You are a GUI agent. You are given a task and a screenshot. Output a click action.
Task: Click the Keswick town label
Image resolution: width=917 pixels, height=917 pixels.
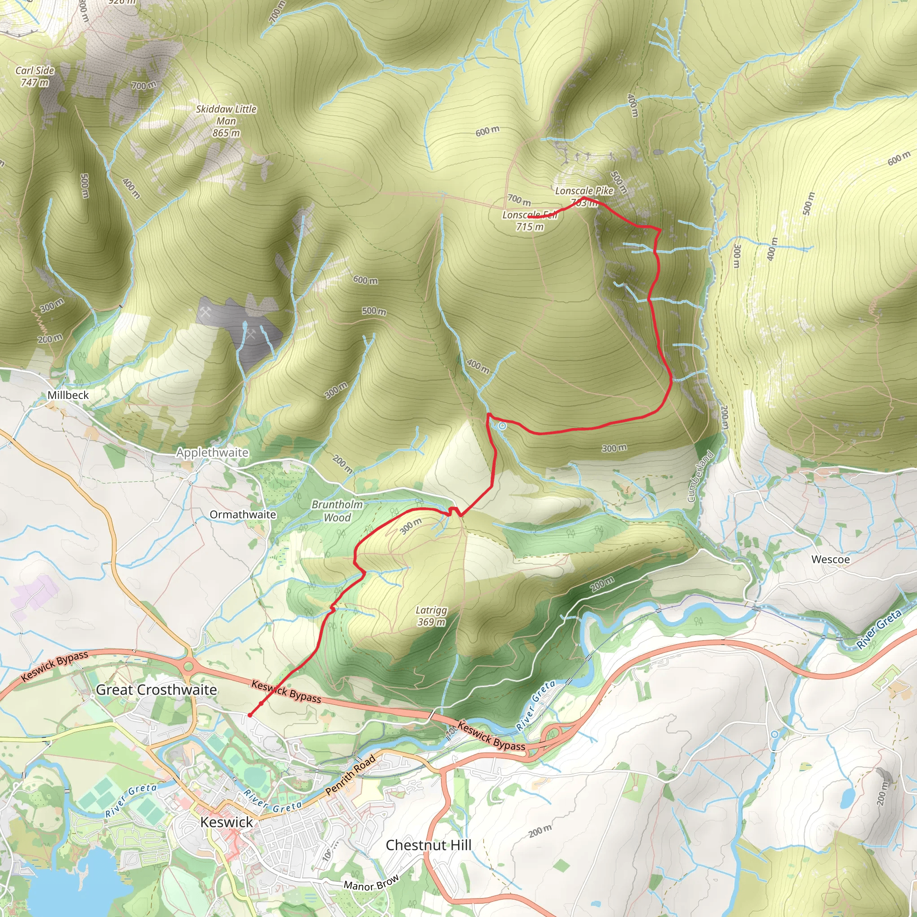click(227, 823)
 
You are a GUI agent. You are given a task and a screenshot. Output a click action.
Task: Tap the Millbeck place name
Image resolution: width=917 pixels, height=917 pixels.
click(68, 395)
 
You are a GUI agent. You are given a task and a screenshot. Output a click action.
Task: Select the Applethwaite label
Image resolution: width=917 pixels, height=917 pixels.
click(212, 452)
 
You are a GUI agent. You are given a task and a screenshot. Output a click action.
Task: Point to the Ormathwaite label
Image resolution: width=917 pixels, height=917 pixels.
click(243, 514)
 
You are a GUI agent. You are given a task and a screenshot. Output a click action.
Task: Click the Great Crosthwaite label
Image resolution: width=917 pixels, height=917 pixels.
click(156, 690)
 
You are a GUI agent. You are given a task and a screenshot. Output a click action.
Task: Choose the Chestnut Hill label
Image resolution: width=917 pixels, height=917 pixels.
click(428, 845)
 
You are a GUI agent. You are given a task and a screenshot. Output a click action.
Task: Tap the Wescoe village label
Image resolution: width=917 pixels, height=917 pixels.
click(831, 559)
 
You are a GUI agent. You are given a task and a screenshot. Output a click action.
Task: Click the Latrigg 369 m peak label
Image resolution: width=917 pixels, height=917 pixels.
click(431, 616)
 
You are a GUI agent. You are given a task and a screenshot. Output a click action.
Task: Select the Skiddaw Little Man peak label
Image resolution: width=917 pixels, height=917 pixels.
click(227, 121)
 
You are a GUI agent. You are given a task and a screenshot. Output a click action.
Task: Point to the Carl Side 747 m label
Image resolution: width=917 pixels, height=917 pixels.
click(34, 77)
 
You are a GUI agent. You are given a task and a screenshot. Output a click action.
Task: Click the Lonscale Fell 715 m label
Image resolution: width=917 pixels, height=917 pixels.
click(530, 221)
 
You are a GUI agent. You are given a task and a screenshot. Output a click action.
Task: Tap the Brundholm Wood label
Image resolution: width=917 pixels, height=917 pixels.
click(337, 511)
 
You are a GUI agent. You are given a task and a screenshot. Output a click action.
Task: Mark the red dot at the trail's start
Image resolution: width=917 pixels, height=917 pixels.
click(250, 715)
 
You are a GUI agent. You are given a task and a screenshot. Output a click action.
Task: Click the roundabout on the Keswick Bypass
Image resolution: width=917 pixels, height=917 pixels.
click(189, 666)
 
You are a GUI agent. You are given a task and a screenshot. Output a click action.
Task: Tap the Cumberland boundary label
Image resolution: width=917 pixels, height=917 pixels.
click(700, 476)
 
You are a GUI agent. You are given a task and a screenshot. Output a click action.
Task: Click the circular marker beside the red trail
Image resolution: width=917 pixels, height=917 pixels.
click(501, 426)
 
